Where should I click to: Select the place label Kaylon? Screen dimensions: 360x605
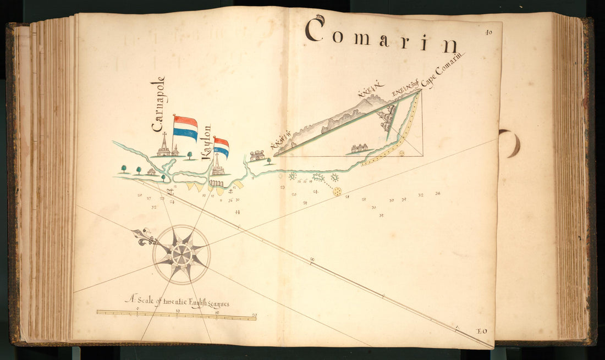click(207, 142)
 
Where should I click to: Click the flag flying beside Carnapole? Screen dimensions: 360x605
click(186, 128)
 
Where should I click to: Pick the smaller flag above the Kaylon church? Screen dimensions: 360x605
click(221, 147)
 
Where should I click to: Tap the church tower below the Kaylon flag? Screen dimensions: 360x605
click(218, 165)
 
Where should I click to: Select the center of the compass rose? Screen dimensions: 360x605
click(181, 254)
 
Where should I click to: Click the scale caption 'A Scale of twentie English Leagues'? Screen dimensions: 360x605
click(177, 302)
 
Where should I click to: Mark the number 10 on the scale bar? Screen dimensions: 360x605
click(178, 312)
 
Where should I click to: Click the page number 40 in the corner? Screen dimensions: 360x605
click(488, 32)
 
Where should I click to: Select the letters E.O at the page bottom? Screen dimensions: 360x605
click(482, 330)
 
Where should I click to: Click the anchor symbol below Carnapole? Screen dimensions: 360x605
click(170, 191)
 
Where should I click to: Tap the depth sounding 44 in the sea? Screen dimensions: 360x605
click(238, 212)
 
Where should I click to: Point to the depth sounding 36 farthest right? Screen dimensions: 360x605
click(438, 193)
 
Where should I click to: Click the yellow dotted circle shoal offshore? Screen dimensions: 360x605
click(337, 191)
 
